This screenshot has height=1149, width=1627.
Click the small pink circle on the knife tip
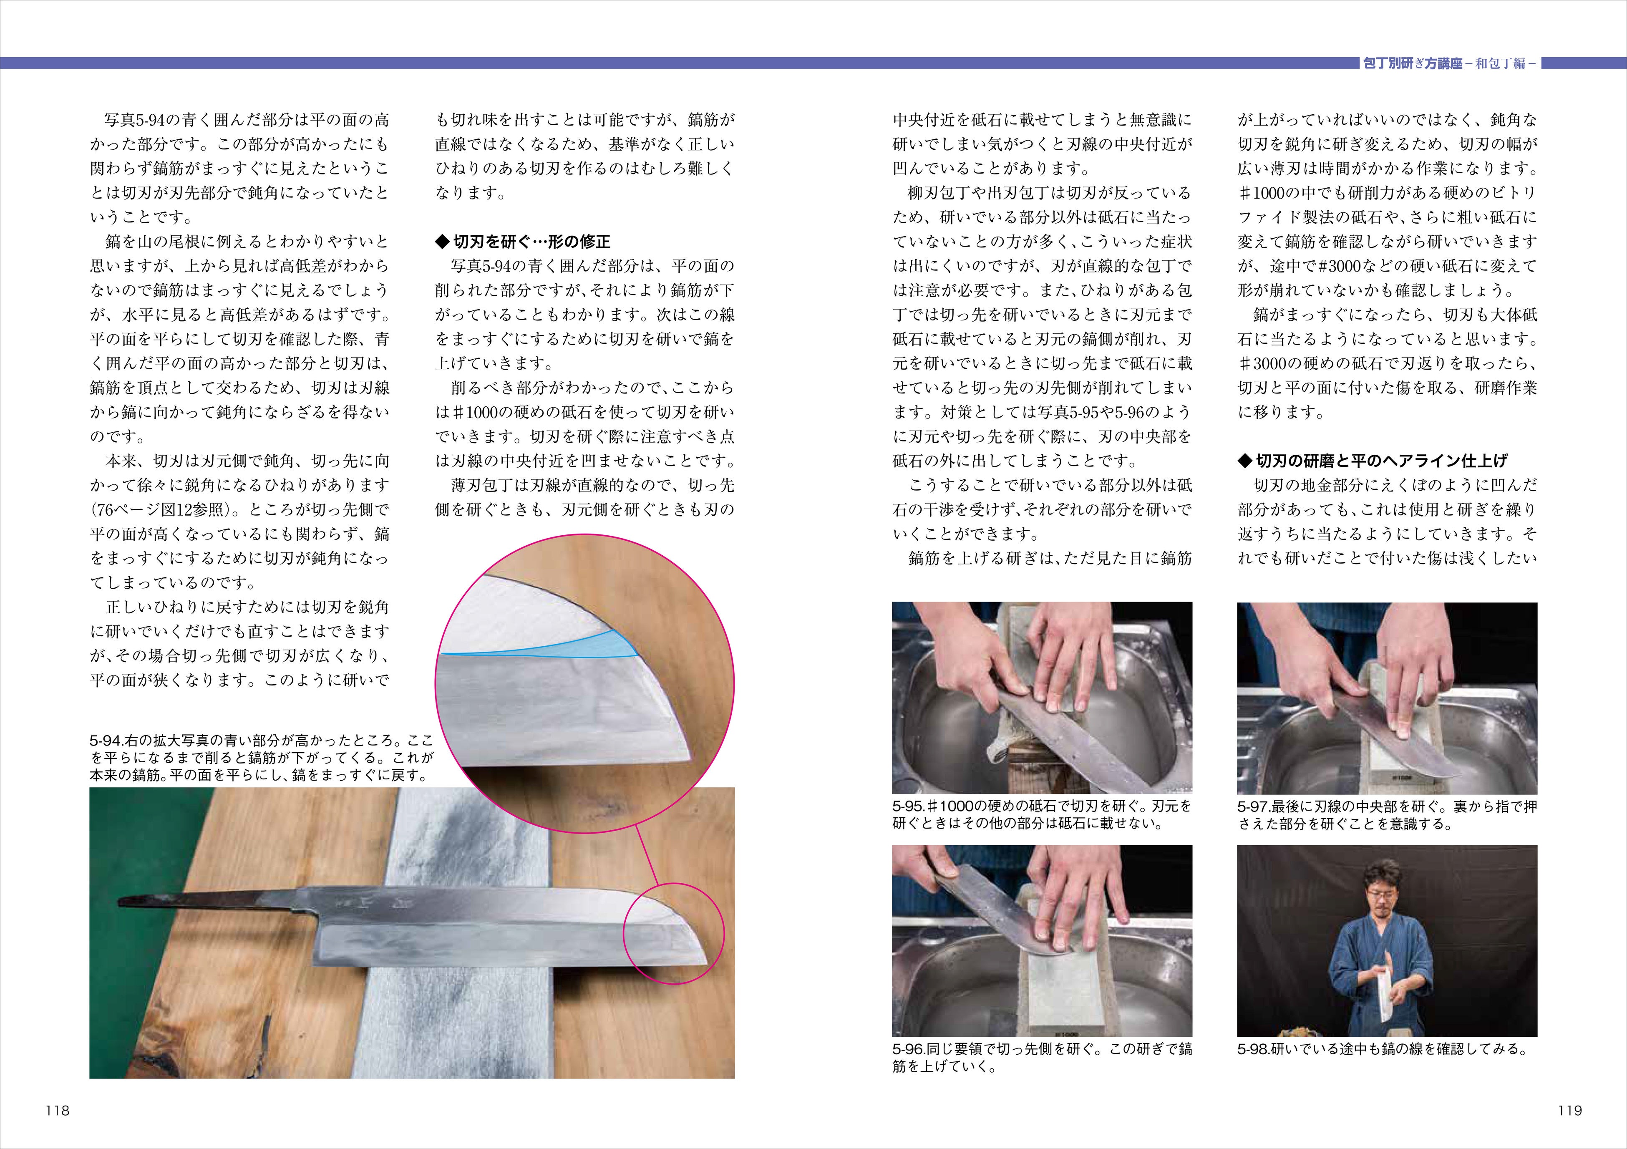(673, 883)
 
